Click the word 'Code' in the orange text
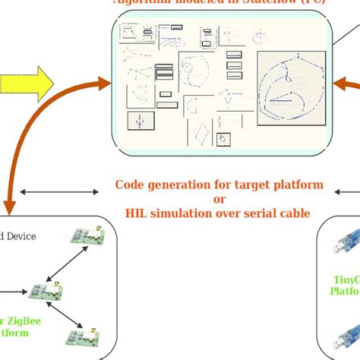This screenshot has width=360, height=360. (x=130, y=185)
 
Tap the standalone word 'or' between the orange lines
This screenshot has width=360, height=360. (x=219, y=199)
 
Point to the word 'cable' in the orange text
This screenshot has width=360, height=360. (x=292, y=213)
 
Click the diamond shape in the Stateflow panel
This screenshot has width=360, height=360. (x=201, y=135)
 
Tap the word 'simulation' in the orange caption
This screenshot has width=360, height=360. (x=177, y=213)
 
